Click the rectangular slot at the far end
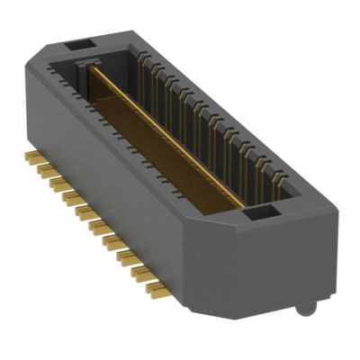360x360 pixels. pyautogui.click(x=77, y=42)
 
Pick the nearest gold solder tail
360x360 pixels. pyautogui.click(x=158, y=289)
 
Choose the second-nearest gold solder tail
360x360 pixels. pyautogui.click(x=148, y=277)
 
